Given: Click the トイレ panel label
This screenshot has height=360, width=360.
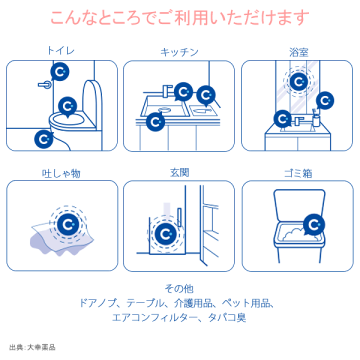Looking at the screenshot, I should (x=61, y=51).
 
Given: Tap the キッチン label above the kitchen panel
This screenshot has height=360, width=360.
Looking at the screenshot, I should (x=179, y=52).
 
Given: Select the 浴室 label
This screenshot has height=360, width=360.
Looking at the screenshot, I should (x=297, y=51).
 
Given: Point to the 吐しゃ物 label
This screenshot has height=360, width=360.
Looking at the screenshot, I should (x=61, y=173).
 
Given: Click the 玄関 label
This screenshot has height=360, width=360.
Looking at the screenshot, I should (x=179, y=173).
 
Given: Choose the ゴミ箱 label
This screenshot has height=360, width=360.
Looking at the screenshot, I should (x=297, y=173).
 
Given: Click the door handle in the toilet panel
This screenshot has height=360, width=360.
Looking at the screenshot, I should (x=44, y=84).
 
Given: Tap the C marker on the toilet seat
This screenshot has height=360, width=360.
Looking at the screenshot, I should (x=68, y=106).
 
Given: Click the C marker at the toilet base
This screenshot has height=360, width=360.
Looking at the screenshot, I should (x=44, y=138).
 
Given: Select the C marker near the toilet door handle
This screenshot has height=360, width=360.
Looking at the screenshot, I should (x=61, y=71).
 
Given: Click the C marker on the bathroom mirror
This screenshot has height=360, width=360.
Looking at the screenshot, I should (x=298, y=81).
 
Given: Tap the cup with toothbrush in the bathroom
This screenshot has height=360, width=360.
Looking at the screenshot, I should (x=316, y=118).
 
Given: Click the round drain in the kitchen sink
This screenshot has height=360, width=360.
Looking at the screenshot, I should (x=164, y=107).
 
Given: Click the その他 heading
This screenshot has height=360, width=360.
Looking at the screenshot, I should (x=179, y=288).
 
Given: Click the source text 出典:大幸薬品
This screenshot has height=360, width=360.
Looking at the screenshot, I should (x=35, y=346).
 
